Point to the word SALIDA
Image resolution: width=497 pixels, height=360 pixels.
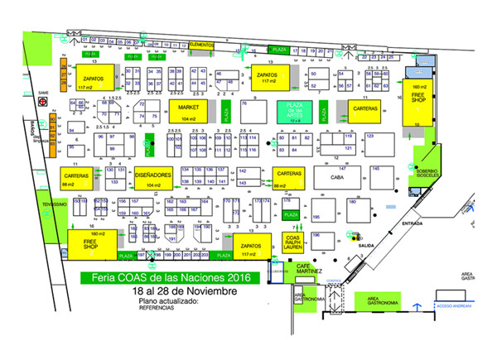357,246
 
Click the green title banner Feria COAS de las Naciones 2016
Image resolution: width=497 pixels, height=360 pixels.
164,278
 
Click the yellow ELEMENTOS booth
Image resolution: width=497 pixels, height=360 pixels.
201,43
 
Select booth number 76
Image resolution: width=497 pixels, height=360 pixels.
244,103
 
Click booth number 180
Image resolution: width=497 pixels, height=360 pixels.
352,202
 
